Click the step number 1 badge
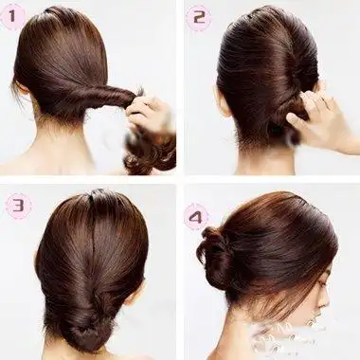click(x=12, y=16)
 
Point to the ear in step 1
click(x=21, y=86)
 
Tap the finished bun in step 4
click(x=215, y=253)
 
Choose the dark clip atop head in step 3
click(x=96, y=192)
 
